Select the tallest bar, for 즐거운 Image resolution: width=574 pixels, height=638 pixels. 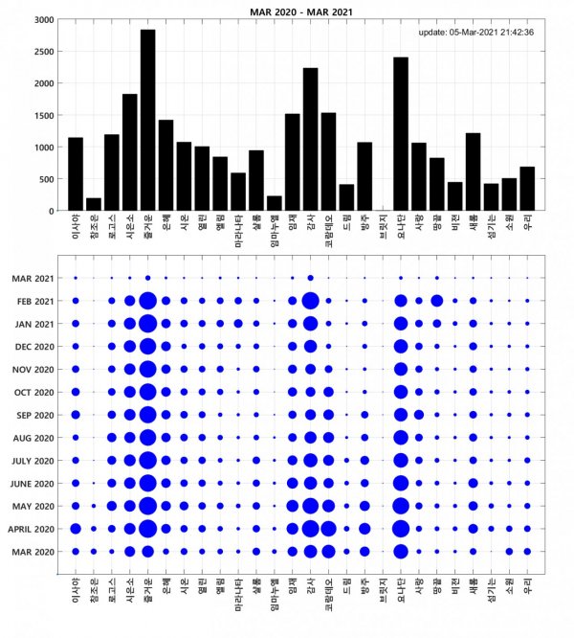pos(147,120)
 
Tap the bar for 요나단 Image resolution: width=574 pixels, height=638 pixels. pos(400,134)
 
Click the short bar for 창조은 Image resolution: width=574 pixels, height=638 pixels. pos(93,204)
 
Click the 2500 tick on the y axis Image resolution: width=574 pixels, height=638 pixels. pos(42,51)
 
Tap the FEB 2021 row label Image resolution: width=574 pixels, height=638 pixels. pos(34,301)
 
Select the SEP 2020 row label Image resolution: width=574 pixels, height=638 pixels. pos(34,415)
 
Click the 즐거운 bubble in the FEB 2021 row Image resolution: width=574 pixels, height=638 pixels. pos(147,301)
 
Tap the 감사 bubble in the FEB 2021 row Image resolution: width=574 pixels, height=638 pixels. pos(310,301)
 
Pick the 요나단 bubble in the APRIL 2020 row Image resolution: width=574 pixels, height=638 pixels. pos(400,528)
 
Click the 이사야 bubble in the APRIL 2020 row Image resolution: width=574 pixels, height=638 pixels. pos(76,528)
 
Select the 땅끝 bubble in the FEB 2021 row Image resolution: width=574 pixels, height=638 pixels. pos(436,301)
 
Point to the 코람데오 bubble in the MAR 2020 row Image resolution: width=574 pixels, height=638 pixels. pos(328,551)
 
